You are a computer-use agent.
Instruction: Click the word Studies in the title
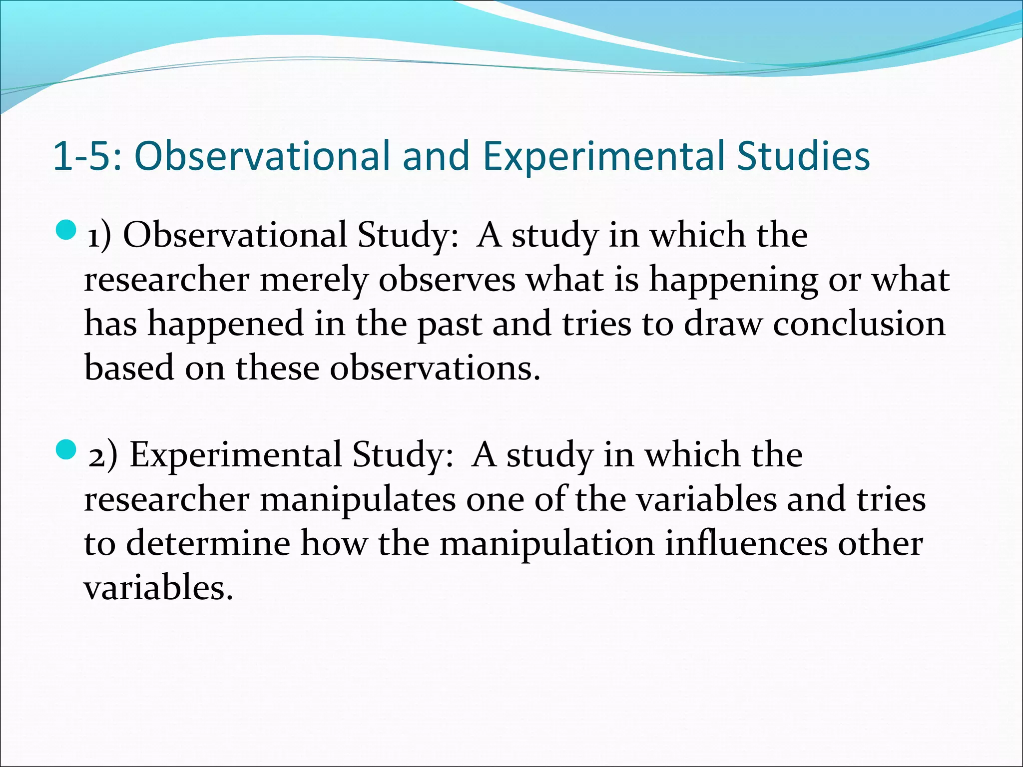click(803, 156)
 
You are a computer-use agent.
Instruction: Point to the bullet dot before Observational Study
click(66, 231)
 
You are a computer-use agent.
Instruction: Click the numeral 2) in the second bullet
click(103, 455)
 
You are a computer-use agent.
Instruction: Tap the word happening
click(733, 280)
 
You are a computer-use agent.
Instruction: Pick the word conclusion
click(859, 324)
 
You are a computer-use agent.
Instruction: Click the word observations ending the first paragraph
click(435, 368)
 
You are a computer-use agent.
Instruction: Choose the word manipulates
click(358, 499)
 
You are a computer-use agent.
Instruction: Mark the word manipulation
click(546, 543)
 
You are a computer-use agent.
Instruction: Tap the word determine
click(208, 543)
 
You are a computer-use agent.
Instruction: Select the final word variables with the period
click(158, 587)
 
